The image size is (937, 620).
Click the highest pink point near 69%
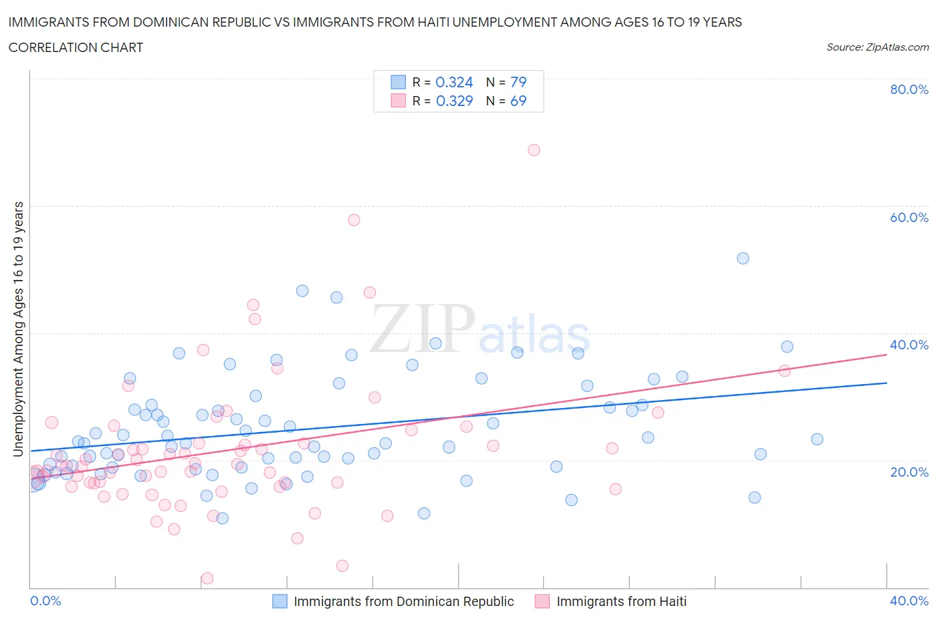coord(534,150)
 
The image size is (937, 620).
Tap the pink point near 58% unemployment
coord(354,220)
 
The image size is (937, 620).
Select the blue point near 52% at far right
coord(743,258)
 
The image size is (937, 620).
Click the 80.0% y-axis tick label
coord(909,89)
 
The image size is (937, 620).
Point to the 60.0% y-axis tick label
coord(909,217)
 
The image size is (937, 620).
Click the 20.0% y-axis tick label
coord(909,472)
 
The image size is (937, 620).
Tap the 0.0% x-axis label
coord(46,601)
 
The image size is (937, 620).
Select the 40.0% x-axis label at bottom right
coord(909,601)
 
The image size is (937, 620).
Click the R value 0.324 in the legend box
coord(454,82)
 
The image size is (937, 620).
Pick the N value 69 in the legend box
coord(518,101)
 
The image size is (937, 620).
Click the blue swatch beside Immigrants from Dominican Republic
coord(280,601)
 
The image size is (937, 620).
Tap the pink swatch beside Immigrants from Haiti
coord(542,601)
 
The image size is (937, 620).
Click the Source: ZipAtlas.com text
coord(877,47)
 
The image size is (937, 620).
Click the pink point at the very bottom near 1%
coord(207,578)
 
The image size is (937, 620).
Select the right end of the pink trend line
coord(886,355)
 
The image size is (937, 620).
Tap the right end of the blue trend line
coord(886,383)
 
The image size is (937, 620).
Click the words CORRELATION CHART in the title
coord(76,47)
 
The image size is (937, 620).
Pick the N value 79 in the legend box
coord(518,82)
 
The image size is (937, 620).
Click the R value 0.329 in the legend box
coord(454,101)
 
